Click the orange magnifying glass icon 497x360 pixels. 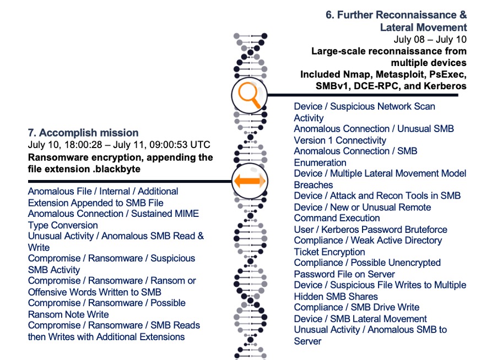(248, 95)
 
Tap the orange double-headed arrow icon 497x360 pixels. (249, 181)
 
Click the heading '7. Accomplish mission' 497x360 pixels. (83, 133)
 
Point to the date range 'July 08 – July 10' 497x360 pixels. (430, 40)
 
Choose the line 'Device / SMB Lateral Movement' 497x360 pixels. (360, 319)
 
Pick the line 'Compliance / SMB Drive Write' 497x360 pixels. (356, 307)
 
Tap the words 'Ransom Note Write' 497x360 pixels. (68, 314)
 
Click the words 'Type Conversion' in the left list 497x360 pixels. (63, 225)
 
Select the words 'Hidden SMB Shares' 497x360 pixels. (336, 296)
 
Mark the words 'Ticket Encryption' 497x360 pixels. (329, 252)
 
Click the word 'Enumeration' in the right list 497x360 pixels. (320, 162)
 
